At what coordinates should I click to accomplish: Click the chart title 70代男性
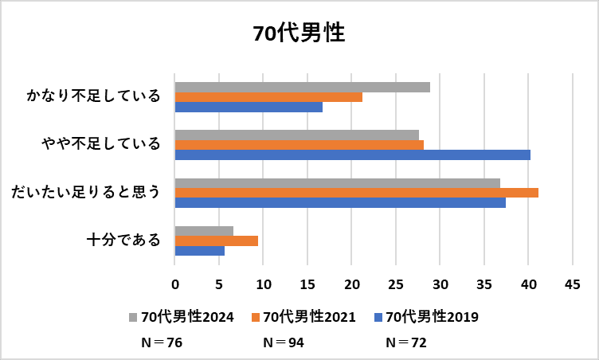coord(299,33)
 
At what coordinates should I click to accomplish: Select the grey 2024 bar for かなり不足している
coord(302,87)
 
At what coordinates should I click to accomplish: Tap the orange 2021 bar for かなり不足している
coord(268,97)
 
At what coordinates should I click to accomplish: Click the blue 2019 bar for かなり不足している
coord(249,107)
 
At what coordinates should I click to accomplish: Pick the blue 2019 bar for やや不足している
coord(352,155)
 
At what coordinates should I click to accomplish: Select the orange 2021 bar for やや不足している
coord(299,145)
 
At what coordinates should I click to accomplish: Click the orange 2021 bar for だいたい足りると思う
coord(356,193)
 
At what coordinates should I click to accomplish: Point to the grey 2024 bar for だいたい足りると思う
coord(337,183)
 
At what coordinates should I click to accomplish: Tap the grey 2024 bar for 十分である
coord(204,231)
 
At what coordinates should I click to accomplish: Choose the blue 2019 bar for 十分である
coord(199,251)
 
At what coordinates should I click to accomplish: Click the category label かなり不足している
coord(93,96)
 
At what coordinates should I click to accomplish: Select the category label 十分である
coord(123,240)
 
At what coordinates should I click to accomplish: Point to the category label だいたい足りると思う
coord(85,192)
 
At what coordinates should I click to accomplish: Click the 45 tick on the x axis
coord(571,283)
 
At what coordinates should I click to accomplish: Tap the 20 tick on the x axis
coord(351,283)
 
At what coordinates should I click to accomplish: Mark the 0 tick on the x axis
coord(175,283)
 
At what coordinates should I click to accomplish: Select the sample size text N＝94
coord(284,343)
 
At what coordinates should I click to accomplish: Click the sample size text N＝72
coord(406,343)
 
